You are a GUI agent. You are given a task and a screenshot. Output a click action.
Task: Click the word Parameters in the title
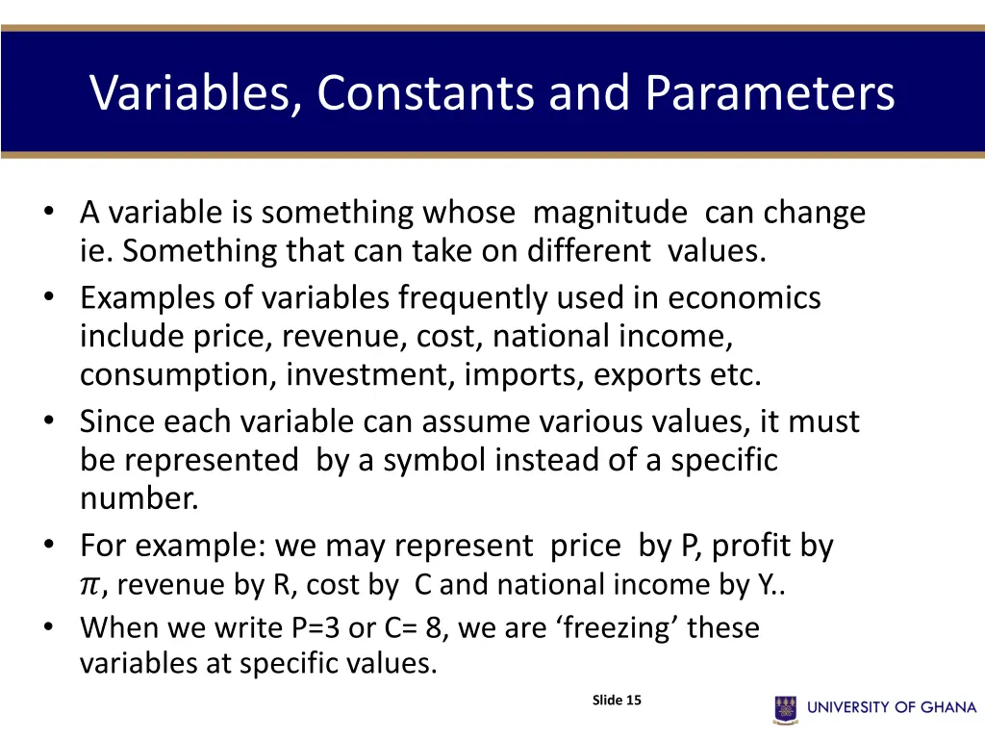click(770, 93)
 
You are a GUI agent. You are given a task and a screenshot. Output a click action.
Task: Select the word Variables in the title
click(192, 93)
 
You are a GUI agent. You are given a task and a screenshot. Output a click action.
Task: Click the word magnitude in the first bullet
click(609, 213)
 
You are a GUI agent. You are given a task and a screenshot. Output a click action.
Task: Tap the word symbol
click(434, 461)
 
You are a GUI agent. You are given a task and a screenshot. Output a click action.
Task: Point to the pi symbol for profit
click(89, 585)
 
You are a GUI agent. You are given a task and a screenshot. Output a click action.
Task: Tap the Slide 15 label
click(617, 700)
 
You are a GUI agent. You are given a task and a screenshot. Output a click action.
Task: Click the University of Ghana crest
click(786, 708)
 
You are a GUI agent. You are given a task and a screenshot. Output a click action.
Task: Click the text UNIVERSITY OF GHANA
click(892, 707)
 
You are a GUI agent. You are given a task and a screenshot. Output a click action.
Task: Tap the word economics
click(744, 298)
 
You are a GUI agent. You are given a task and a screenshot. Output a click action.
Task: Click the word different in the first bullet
click(588, 251)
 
